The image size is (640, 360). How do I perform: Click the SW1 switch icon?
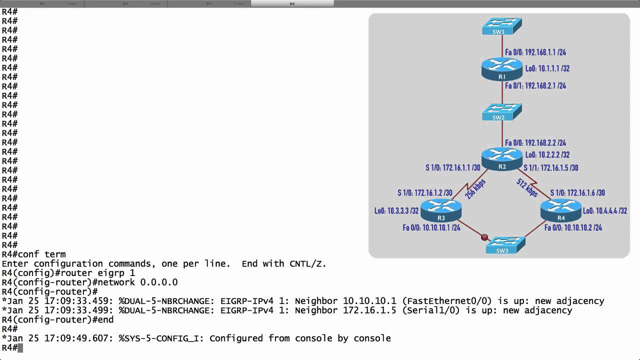click(501, 26)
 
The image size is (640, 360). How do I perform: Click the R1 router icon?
click(501, 69)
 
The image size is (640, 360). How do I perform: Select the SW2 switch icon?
click(501, 112)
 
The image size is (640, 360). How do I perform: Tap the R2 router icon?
click(501, 159)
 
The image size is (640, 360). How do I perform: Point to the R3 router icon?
click(440, 210)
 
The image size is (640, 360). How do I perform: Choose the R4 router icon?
click(561, 210)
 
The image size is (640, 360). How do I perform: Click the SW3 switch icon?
click(505, 245)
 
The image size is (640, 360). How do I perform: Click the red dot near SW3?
click(484, 237)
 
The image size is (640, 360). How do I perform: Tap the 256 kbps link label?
click(475, 189)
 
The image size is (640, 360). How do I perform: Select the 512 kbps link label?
click(527, 188)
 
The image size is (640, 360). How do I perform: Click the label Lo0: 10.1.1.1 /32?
click(547, 68)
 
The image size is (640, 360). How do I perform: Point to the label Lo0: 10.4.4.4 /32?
click(605, 211)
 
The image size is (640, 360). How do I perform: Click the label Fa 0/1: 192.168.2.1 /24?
click(535, 86)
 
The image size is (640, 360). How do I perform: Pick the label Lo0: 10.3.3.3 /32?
click(396, 211)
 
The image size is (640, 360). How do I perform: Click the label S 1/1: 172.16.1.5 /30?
click(550, 168)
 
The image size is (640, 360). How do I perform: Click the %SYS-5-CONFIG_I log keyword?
click(160, 338)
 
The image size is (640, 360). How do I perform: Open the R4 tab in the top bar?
click(292, 3)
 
